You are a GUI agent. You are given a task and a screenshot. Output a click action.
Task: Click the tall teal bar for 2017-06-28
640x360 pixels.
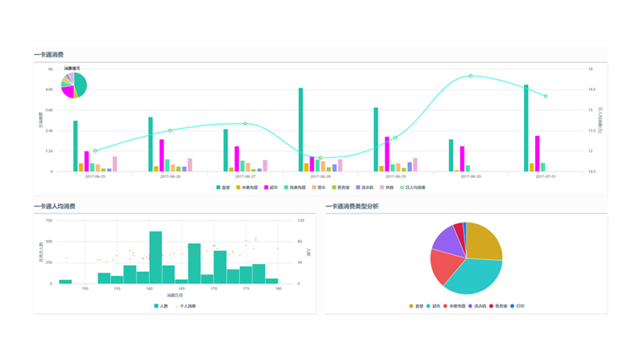[301, 129]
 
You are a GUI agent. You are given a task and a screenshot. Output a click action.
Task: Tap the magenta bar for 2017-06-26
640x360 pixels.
[161, 155]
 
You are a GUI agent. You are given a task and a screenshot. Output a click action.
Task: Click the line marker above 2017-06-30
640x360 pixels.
[471, 76]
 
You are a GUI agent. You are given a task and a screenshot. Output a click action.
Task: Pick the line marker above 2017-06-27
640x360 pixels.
[245, 124]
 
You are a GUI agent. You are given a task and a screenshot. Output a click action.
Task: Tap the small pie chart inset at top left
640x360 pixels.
[74, 85]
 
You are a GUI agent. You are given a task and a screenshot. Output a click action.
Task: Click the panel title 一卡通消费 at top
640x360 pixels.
[49, 54]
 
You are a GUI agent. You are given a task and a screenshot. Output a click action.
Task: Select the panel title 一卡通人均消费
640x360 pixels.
[55, 206]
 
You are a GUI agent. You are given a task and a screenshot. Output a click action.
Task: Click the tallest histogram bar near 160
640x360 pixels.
[156, 257]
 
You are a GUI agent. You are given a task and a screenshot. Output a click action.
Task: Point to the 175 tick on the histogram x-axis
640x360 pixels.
[247, 289]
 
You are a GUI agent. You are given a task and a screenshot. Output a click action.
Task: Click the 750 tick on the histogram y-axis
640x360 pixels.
[49, 221]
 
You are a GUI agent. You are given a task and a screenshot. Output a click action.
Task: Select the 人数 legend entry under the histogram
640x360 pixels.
[161, 306]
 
